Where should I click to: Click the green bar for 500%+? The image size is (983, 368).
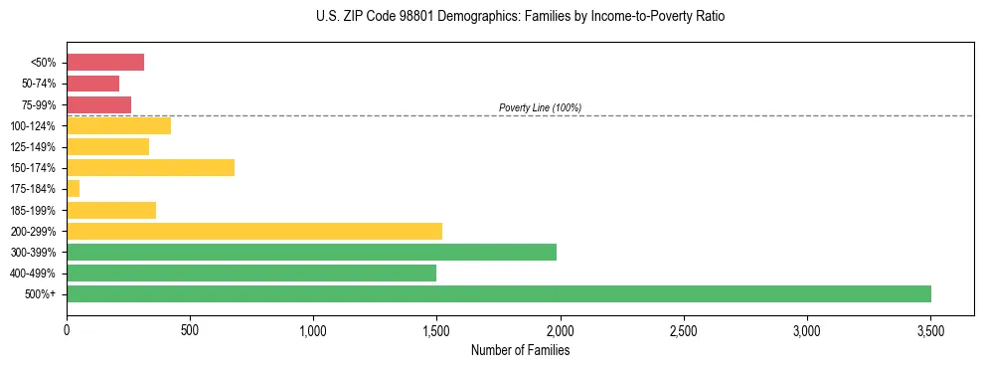(x=498, y=293)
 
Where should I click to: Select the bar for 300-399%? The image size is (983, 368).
(x=311, y=252)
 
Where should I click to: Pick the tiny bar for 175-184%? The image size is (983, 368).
(x=73, y=189)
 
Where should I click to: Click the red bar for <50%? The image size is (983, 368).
(x=104, y=63)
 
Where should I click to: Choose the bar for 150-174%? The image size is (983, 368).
(x=150, y=167)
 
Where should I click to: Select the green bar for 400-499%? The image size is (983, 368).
(x=250, y=273)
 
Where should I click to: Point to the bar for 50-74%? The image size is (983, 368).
(x=92, y=84)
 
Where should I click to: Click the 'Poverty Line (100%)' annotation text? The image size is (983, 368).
(x=540, y=107)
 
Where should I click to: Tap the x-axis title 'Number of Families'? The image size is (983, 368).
(x=520, y=351)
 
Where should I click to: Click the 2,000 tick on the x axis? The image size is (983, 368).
(x=560, y=330)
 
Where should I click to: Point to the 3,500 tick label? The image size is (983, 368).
(x=929, y=330)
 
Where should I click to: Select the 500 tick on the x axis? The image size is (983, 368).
(x=190, y=330)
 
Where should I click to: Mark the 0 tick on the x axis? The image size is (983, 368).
(x=67, y=330)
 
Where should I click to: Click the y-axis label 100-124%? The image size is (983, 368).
(x=33, y=126)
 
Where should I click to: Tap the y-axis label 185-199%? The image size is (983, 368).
(x=33, y=210)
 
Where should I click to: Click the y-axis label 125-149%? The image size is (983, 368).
(x=33, y=147)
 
